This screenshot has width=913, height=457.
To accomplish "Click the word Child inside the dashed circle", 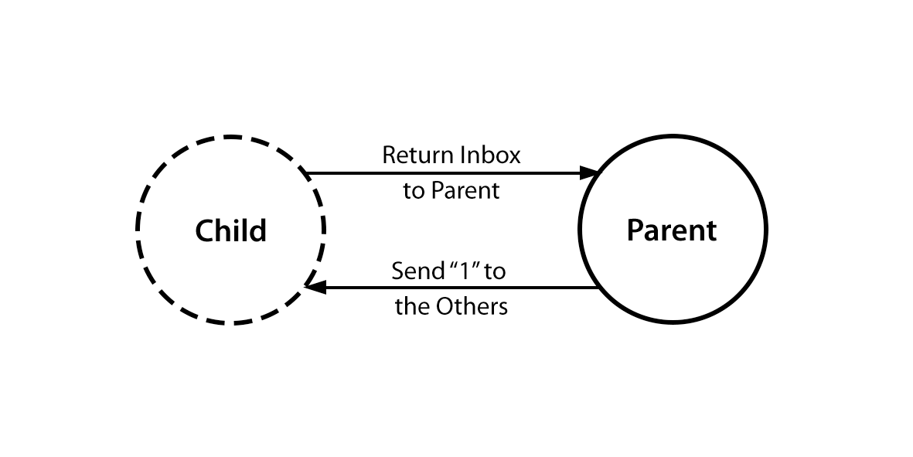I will (x=230, y=230).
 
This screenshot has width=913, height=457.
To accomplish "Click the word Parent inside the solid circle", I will (x=672, y=230).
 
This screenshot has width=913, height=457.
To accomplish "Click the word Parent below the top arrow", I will (x=465, y=191).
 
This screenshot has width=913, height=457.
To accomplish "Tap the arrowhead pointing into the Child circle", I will (x=314, y=288).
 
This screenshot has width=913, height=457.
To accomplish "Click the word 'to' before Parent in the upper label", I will (x=414, y=191).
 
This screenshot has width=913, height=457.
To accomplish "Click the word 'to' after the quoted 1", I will (x=496, y=271).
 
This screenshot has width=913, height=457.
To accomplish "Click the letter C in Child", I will (x=205, y=230).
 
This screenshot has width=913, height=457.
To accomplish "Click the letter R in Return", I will (x=390, y=155).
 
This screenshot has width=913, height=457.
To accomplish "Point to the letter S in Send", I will (x=397, y=271).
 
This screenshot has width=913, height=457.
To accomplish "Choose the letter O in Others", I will (x=445, y=307).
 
